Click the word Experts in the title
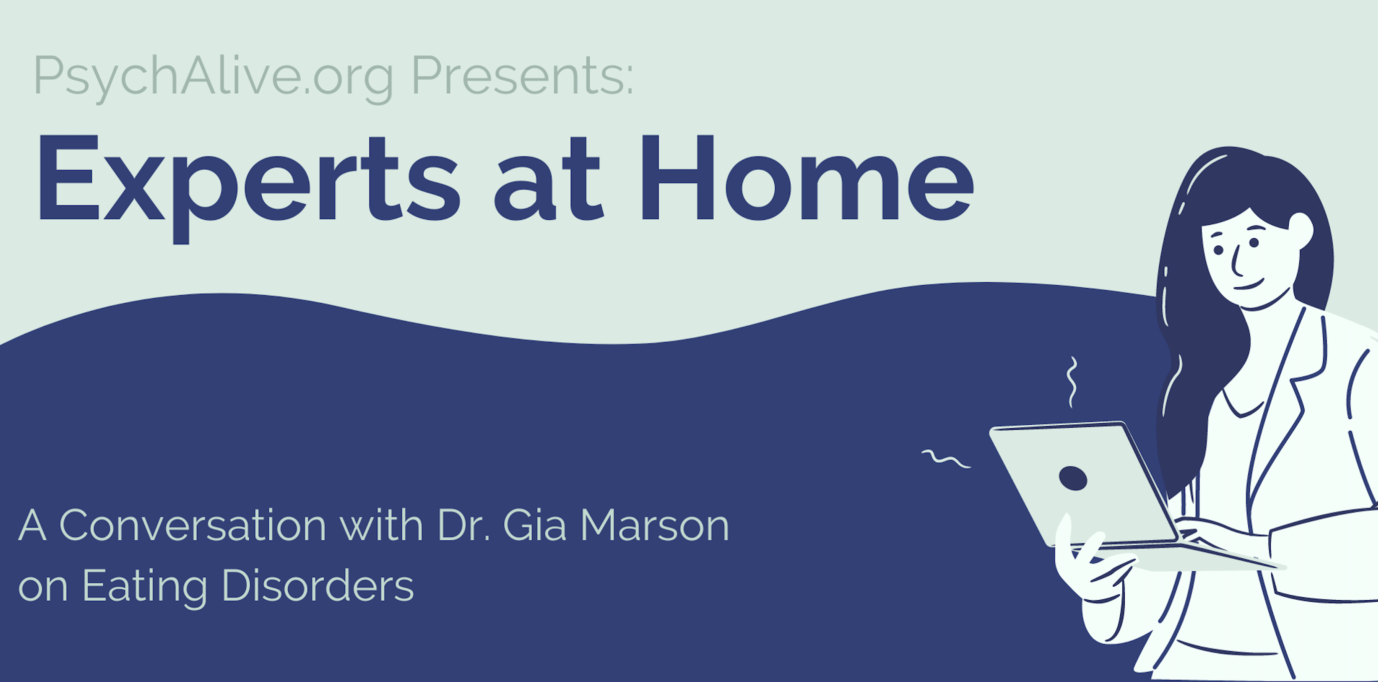coord(248,187)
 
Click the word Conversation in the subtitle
coord(192,525)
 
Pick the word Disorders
coord(317,585)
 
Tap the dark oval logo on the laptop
coord(1072,478)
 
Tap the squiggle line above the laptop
coord(1071,382)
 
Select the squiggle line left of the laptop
coord(946,459)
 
